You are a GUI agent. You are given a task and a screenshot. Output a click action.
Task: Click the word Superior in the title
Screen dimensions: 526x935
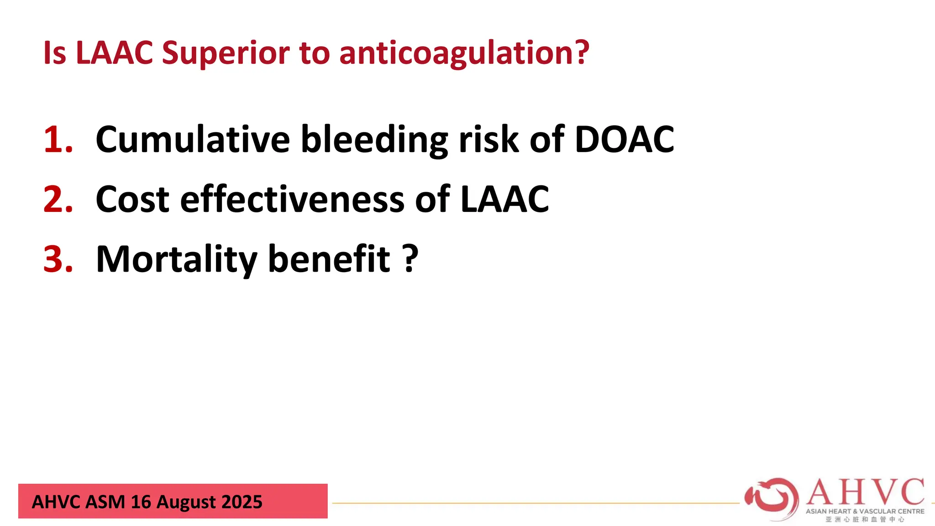[x=226, y=53]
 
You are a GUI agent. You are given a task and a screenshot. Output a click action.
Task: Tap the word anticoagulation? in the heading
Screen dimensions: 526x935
[x=464, y=53]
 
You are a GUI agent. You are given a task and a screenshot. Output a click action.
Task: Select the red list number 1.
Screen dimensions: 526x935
[x=58, y=139]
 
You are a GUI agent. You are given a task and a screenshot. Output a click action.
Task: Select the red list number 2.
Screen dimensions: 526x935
[x=58, y=200]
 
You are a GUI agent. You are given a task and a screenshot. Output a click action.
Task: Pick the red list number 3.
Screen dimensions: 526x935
[x=58, y=259]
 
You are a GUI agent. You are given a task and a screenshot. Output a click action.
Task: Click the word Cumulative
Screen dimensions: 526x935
[x=193, y=139]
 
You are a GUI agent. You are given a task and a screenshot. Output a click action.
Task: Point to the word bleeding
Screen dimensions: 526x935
[x=374, y=139]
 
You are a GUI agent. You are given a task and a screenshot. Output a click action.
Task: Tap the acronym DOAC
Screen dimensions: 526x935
[x=624, y=139]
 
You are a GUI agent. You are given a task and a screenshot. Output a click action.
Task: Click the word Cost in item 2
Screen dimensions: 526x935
[x=132, y=200]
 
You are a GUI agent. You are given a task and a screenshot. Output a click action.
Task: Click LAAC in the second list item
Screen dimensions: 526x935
[x=504, y=200]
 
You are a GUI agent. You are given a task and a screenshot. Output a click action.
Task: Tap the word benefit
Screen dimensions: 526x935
[x=329, y=259]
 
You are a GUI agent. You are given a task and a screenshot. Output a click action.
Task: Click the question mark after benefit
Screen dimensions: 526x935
[x=411, y=259]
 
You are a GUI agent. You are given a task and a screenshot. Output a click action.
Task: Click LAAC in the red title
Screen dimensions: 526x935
[x=114, y=53]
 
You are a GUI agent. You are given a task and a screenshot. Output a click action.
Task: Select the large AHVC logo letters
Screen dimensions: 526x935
[x=865, y=492]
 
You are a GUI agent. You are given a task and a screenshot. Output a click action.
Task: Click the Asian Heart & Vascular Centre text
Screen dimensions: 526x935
[x=865, y=511]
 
